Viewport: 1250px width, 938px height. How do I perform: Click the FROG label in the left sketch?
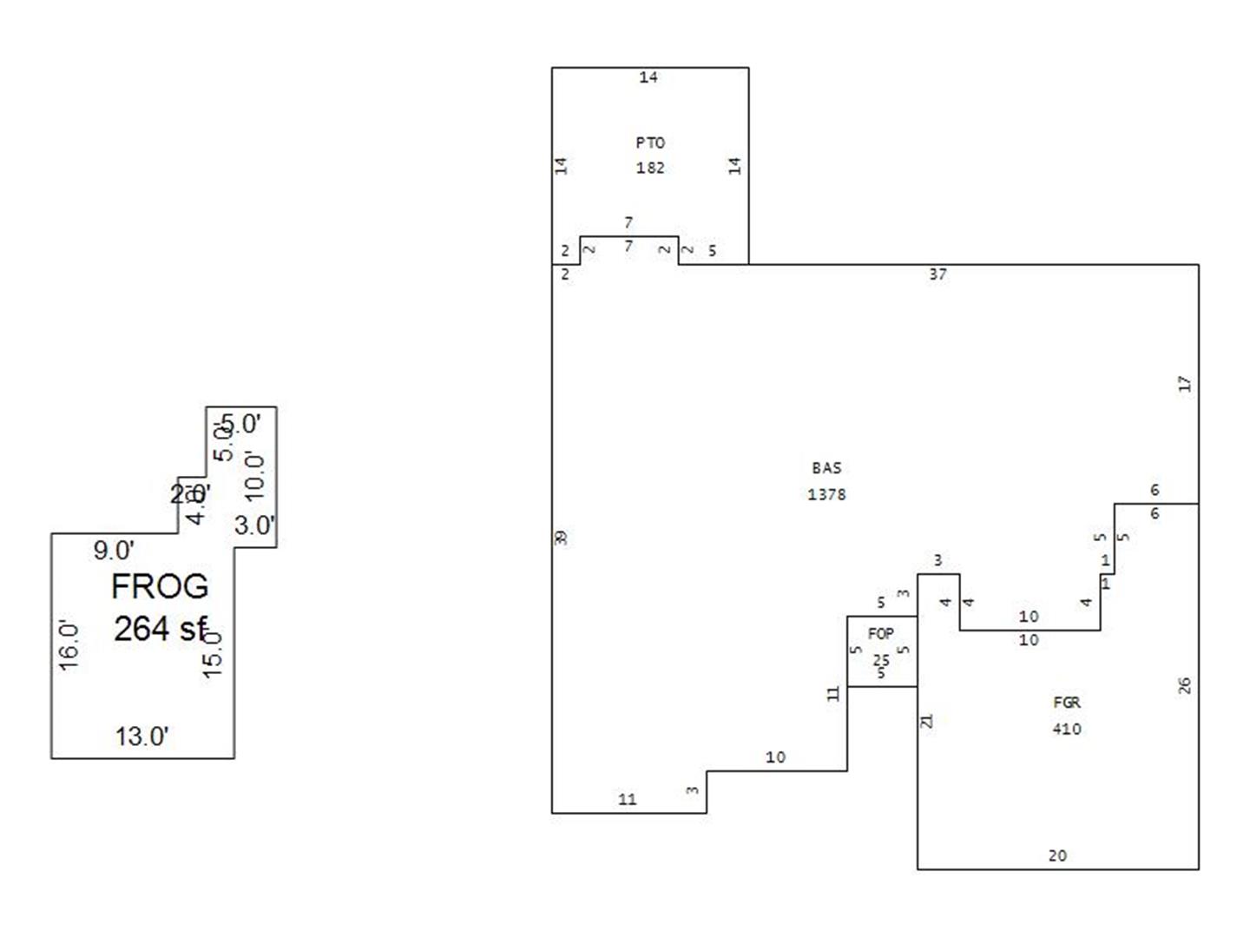(x=160, y=587)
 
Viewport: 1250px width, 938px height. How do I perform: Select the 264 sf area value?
(x=160, y=629)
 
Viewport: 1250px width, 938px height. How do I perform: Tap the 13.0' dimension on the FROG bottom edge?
(x=142, y=737)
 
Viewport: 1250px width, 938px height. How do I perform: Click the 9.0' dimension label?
(x=114, y=551)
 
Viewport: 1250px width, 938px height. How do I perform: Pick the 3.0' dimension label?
(x=254, y=525)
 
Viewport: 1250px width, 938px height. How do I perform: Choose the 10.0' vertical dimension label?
(x=254, y=475)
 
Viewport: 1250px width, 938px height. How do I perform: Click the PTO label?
(x=650, y=142)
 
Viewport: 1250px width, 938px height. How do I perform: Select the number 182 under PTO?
(x=650, y=168)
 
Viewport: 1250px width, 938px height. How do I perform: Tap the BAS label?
(x=826, y=468)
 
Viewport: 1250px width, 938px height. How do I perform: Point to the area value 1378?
(x=826, y=494)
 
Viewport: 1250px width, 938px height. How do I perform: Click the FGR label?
(x=1067, y=703)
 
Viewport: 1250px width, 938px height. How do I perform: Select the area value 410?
(x=1067, y=729)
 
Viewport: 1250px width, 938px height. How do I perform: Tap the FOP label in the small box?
(x=880, y=634)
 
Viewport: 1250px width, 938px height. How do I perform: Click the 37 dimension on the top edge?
(x=938, y=274)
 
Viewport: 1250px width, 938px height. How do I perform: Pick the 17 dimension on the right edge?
(x=1185, y=383)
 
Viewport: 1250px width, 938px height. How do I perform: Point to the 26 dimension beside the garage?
(x=1185, y=685)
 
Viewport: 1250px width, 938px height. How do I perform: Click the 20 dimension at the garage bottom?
(x=1057, y=855)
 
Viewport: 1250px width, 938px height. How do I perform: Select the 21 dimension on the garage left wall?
(x=927, y=721)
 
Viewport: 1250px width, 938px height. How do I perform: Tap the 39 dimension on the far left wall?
(x=562, y=538)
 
